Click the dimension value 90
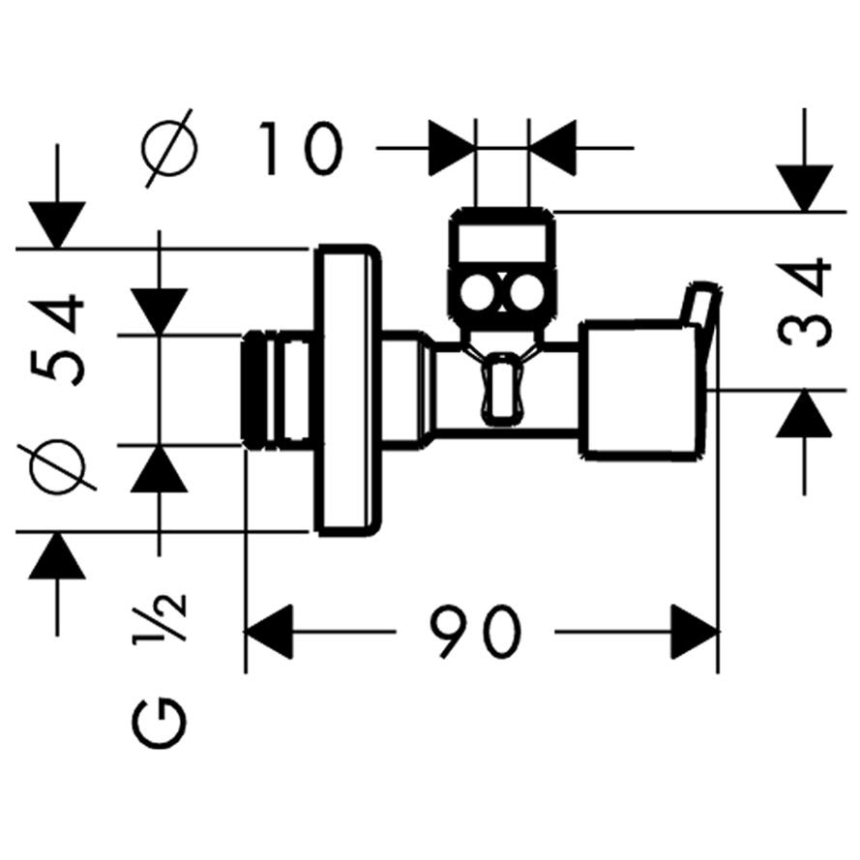pyautogui.click(x=476, y=632)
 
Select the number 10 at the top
pyautogui.click(x=302, y=148)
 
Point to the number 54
pyautogui.click(x=58, y=341)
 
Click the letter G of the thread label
pyautogui.click(x=159, y=724)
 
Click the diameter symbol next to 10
pyautogui.click(x=169, y=148)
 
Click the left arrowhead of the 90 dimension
pyautogui.click(x=268, y=632)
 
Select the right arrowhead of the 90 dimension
pyautogui.click(x=695, y=632)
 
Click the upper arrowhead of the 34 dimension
pyautogui.click(x=805, y=188)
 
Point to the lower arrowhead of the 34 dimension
pyautogui.click(x=805, y=413)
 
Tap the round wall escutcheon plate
pyautogui.click(x=346, y=391)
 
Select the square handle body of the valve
pyautogui.click(x=640, y=391)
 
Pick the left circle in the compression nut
pyautogui.click(x=477, y=292)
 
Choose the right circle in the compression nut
pyautogui.click(x=527, y=292)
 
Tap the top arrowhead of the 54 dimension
pyautogui.click(x=58, y=224)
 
